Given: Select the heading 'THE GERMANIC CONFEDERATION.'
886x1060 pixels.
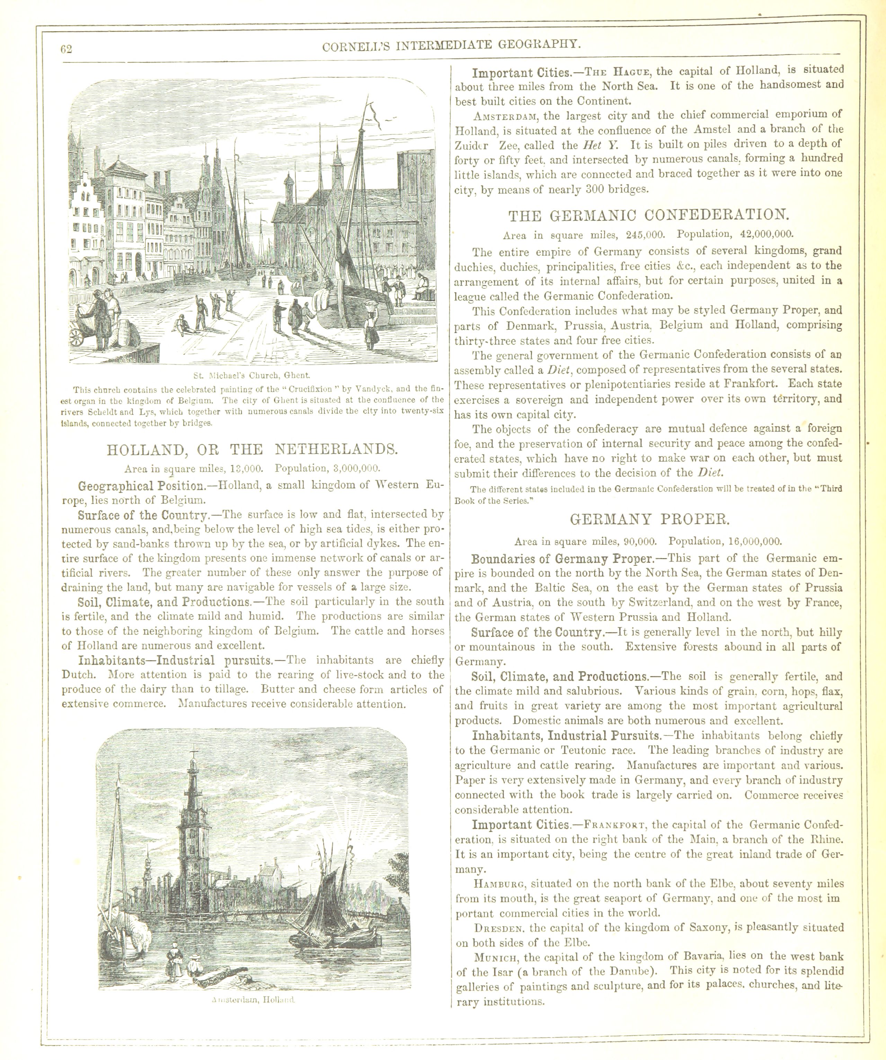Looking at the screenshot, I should (648, 216).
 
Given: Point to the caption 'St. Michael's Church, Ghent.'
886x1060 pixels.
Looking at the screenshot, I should (251, 375).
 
